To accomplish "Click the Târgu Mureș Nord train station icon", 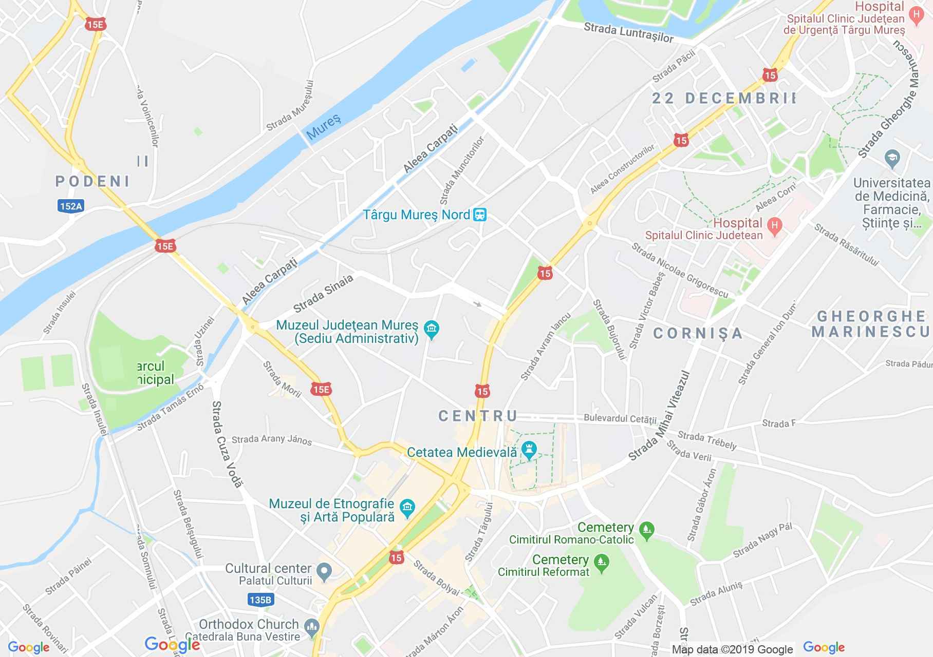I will tap(479, 215).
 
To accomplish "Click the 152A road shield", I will tap(70, 206).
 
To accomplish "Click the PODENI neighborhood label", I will tap(92, 181).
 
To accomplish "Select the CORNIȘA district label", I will tap(698, 334).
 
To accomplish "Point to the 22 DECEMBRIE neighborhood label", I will tap(723, 98).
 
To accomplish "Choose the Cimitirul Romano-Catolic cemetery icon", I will tap(647, 530).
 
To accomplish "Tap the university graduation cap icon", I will tap(892, 159).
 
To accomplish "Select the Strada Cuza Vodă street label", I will tap(227, 444).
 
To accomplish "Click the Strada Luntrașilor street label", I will tap(628, 33).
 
